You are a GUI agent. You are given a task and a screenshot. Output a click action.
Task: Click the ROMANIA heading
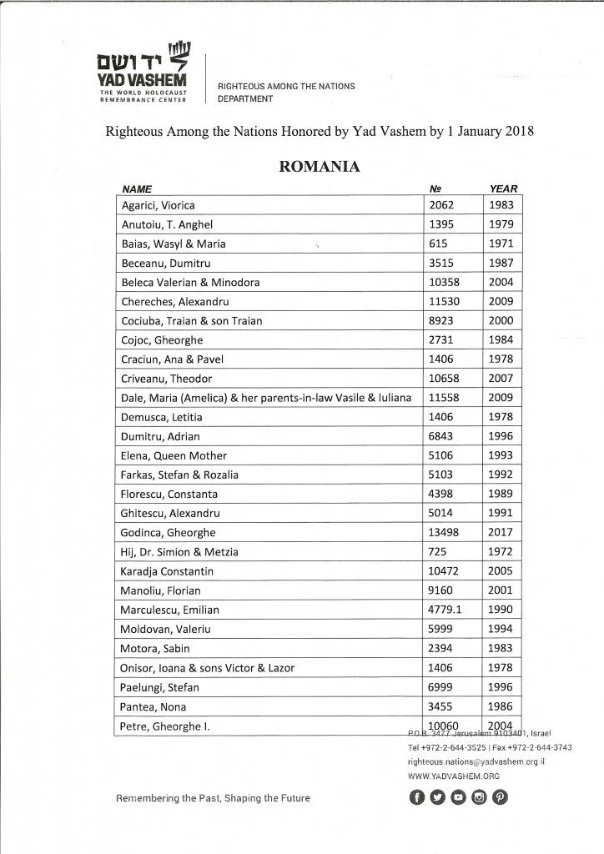coord(320,167)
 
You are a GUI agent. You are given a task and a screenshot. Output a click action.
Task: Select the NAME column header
coord(137,189)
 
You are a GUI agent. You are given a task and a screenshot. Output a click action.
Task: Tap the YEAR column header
coord(502,189)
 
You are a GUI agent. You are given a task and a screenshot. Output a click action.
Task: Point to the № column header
coord(434,189)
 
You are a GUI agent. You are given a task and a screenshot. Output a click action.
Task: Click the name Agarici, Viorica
coord(159,205)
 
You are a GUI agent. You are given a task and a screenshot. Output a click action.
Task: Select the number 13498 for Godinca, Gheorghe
coord(442,532)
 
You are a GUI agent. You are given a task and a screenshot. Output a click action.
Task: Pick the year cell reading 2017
coord(502,532)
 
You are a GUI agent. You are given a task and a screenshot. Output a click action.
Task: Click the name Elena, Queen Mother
coord(174,455)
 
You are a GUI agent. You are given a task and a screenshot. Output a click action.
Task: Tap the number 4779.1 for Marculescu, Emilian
coord(445,610)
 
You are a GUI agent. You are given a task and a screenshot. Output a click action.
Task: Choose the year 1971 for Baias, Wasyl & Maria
coord(502,244)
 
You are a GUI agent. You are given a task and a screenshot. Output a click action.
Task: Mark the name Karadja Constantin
coord(168,571)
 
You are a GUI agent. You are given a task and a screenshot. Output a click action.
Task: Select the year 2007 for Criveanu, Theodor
coord(502,379)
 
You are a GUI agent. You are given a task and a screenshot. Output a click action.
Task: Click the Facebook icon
coord(416,797)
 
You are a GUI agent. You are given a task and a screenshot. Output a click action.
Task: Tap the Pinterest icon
coord(500,797)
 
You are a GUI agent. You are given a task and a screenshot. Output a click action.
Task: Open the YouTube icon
coord(458,797)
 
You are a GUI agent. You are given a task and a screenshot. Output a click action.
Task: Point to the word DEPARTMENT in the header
coord(245,98)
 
